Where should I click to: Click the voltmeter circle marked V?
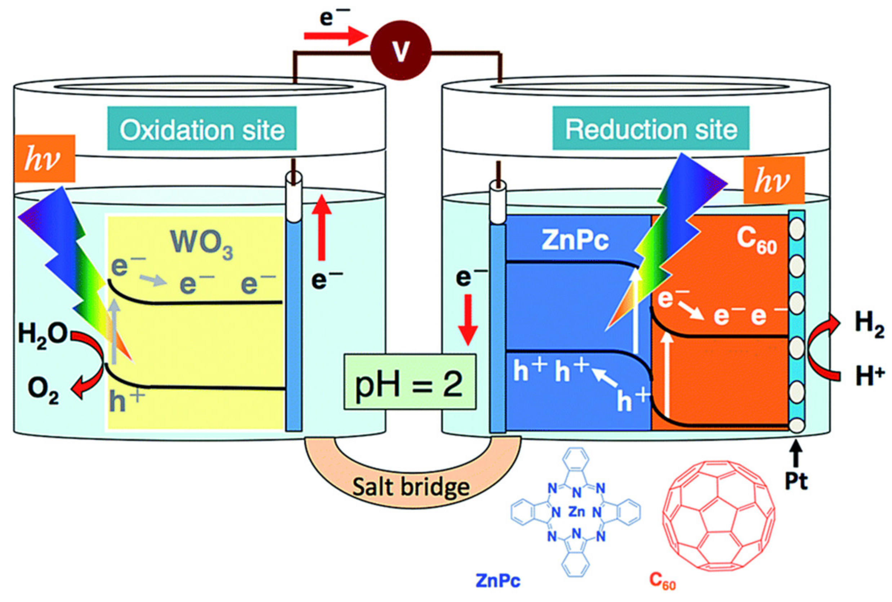click(400, 50)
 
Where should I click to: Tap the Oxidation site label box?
click(202, 129)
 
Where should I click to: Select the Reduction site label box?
click(651, 128)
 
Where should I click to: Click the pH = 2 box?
click(410, 382)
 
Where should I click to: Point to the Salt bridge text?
click(411, 486)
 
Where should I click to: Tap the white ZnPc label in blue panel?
click(575, 241)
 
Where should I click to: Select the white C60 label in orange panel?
click(756, 241)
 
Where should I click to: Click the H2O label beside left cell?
click(42, 334)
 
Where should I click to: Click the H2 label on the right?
click(869, 324)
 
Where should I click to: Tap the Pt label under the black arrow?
click(797, 481)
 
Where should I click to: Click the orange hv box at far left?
click(45, 158)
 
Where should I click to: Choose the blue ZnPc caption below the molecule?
click(498, 581)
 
